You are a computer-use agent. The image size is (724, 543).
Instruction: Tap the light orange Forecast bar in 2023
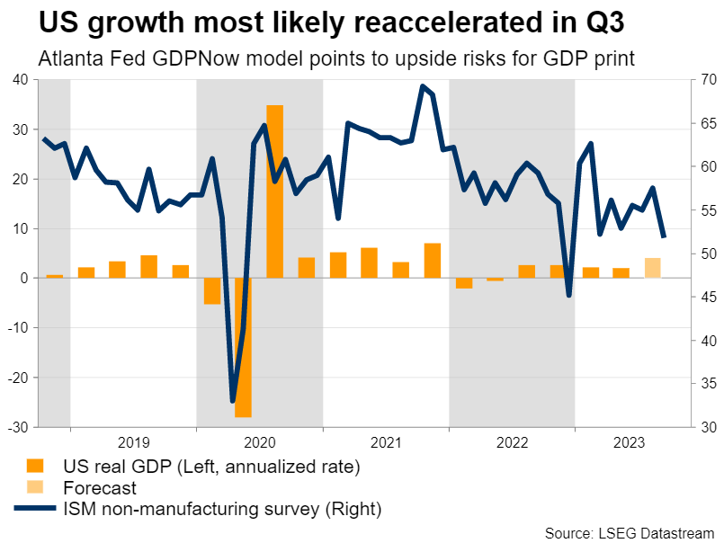click(x=653, y=268)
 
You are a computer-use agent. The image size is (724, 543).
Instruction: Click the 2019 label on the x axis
click(x=133, y=441)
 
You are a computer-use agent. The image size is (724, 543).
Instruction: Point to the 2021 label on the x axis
click(x=385, y=441)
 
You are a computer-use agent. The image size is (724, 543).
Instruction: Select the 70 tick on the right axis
click(x=705, y=80)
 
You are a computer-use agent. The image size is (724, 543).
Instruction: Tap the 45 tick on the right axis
click(x=705, y=297)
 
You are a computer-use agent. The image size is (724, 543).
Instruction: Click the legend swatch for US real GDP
click(x=33, y=466)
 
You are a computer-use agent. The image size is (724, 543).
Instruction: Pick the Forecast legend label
click(x=100, y=488)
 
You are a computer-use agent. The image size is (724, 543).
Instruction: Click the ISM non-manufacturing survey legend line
click(x=33, y=510)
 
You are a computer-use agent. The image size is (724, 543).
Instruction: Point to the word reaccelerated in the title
click(x=380, y=21)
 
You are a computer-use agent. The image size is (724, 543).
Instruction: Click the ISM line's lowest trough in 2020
click(x=233, y=401)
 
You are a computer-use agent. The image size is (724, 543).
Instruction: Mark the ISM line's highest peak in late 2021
click(x=423, y=86)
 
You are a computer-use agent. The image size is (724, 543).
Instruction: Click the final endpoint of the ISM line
click(x=664, y=236)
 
